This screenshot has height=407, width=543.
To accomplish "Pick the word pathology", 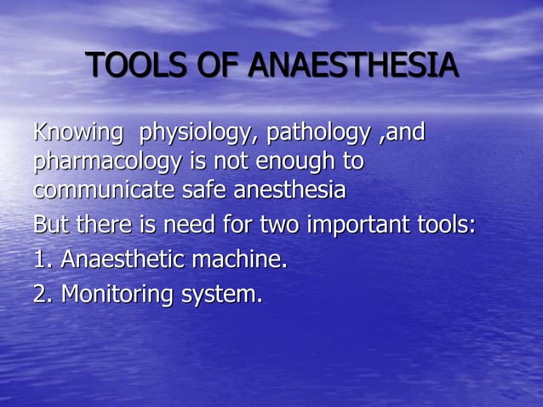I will click(x=319, y=134).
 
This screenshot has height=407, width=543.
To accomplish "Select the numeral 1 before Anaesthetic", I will click(x=39, y=260).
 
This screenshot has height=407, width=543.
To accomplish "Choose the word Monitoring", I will click(x=118, y=295).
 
